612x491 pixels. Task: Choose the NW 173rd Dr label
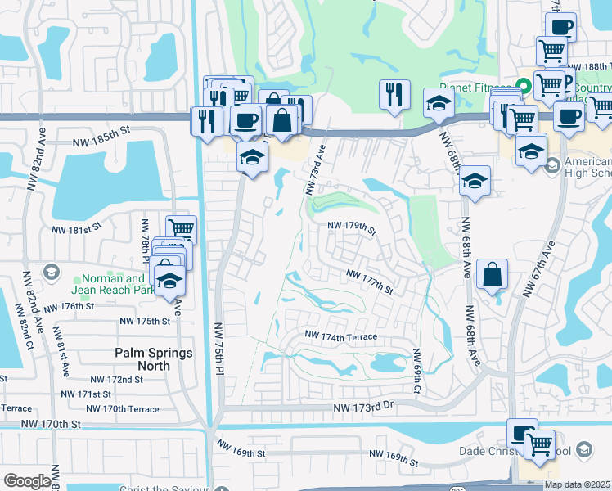pyautogui.click(x=363, y=407)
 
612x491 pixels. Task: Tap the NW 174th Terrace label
pyautogui.click(x=341, y=336)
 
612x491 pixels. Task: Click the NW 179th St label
pyautogui.click(x=352, y=228)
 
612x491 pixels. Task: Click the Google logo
pyautogui.click(x=26, y=481)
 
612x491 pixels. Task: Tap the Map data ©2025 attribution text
pyautogui.click(x=576, y=484)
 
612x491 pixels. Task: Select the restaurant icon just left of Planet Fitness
pyautogui.click(x=394, y=95)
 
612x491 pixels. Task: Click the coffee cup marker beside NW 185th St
pyautogui.click(x=245, y=121)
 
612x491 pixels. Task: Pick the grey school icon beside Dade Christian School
pyautogui.click(x=583, y=449)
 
